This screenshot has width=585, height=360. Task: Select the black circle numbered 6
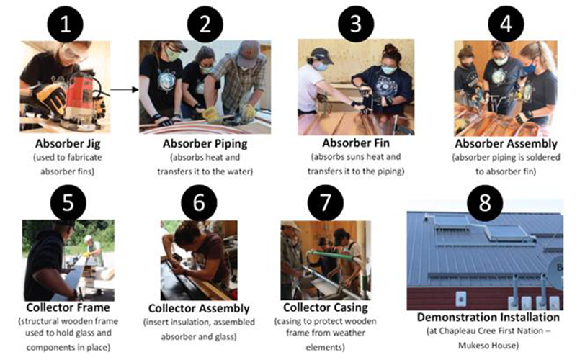tap(201, 202)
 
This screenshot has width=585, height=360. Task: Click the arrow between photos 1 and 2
tap(124, 90)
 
